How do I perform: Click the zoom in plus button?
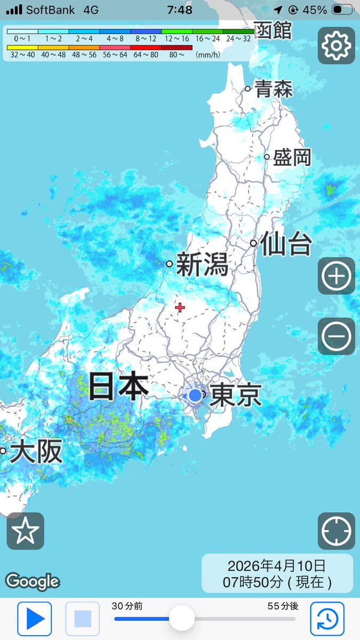pyautogui.click(x=336, y=276)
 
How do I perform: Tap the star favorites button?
pyautogui.click(x=26, y=531)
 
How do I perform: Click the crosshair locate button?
pyautogui.click(x=336, y=531)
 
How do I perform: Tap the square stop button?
pyautogui.click(x=83, y=619)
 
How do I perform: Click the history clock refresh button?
pyautogui.click(x=327, y=619)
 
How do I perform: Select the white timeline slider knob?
pyautogui.click(x=181, y=619)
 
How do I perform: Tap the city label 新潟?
pyautogui.click(x=202, y=265)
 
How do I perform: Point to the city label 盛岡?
pyautogui.click(x=292, y=158)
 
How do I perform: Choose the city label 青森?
pyautogui.click(x=274, y=89)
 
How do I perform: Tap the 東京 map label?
pyautogui.click(x=236, y=396)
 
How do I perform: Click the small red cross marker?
pyautogui.click(x=180, y=307)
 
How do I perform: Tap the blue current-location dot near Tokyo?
pyautogui.click(x=195, y=395)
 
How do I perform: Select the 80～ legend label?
pyautogui.click(x=177, y=54)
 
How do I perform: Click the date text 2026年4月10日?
pyautogui.click(x=276, y=566)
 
